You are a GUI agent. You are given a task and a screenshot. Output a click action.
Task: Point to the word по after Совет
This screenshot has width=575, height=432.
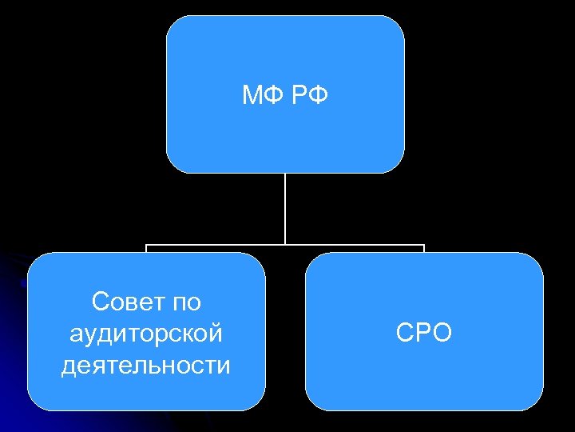[x=185, y=302]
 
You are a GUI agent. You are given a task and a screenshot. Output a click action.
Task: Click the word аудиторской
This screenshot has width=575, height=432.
[x=146, y=333]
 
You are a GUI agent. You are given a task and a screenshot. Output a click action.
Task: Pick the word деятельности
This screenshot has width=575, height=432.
[x=146, y=365]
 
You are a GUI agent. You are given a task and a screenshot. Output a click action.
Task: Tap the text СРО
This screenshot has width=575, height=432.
[x=423, y=333]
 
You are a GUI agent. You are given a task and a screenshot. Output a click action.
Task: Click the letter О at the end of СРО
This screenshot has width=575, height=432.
[x=442, y=333]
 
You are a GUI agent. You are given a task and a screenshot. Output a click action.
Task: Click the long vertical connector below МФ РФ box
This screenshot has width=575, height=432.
[x=285, y=208]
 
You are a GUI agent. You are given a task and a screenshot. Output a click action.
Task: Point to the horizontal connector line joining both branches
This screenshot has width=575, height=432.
[x=216, y=245]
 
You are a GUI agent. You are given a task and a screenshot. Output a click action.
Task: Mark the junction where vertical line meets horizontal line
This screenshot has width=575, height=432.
[x=285, y=245]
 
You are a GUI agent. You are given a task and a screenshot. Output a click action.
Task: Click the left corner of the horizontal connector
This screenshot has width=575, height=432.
[x=146, y=245]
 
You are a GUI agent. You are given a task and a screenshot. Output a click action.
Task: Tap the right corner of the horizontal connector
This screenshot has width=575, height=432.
[x=424, y=245]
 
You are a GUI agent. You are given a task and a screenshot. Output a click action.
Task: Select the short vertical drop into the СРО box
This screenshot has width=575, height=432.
[x=424, y=249]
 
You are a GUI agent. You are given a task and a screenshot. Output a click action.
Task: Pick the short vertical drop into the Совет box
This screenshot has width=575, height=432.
[x=146, y=249]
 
